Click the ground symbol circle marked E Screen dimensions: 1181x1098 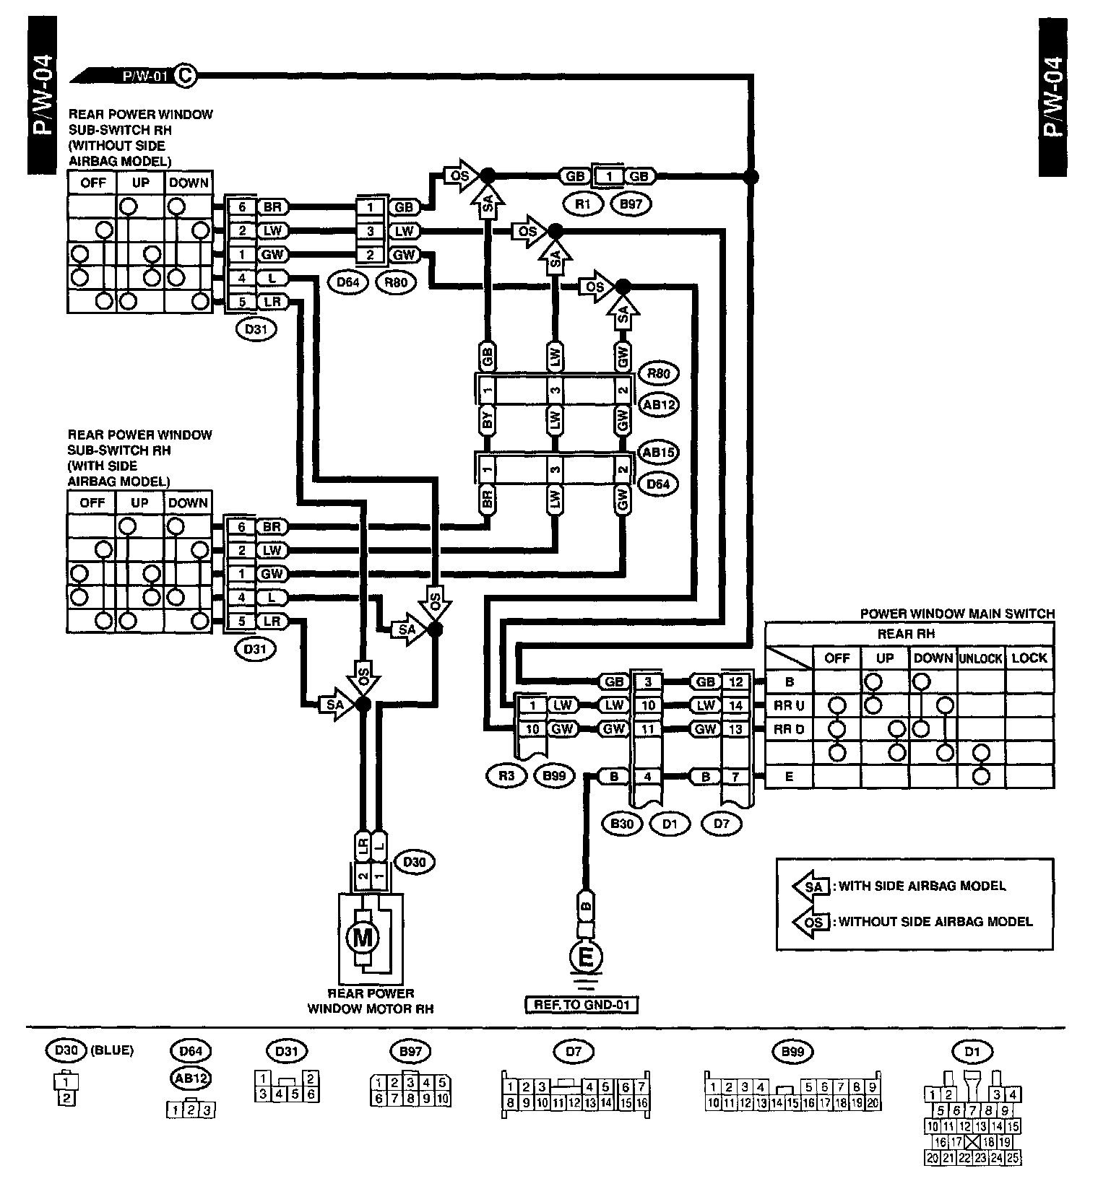point(586,958)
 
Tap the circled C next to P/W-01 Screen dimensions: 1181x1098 point(186,74)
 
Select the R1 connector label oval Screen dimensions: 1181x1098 point(583,204)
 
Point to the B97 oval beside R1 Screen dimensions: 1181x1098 point(631,204)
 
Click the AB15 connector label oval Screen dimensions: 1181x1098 point(658,453)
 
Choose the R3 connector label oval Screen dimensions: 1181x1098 point(506,776)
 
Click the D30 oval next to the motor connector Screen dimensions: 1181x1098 point(414,862)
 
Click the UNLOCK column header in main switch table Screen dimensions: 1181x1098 point(981,658)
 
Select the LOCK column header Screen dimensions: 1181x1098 point(1029,658)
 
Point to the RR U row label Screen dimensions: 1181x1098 point(789,705)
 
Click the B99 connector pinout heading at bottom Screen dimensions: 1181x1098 point(792,1051)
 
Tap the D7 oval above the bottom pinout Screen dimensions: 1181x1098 point(574,1051)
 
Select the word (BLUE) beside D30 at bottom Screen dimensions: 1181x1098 point(112,1050)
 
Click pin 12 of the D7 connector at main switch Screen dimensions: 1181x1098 point(735,681)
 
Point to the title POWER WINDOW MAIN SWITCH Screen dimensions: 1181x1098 point(957,614)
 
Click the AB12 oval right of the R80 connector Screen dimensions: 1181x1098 point(658,405)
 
